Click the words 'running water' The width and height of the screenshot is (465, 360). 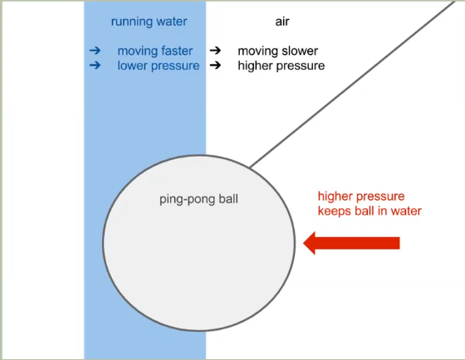click(x=149, y=22)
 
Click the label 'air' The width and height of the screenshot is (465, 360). click(x=282, y=22)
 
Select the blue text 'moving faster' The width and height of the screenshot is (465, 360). click(x=154, y=51)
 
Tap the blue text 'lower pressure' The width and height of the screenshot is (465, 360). click(x=159, y=66)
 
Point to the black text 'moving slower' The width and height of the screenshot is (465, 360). click(x=277, y=51)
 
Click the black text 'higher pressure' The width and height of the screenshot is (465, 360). click(x=281, y=66)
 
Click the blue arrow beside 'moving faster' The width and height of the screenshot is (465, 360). click(x=95, y=51)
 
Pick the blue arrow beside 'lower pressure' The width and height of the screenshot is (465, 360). click(x=95, y=65)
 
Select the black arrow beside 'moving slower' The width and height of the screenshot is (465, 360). click(x=215, y=51)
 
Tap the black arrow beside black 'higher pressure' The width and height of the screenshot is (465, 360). click(x=215, y=65)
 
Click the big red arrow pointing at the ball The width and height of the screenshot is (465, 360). click(x=351, y=243)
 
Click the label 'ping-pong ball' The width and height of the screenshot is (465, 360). click(x=198, y=199)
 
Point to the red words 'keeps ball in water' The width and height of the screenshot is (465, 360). click(x=370, y=211)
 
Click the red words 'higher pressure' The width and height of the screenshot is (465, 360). click(x=361, y=197)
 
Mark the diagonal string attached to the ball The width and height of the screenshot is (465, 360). click(x=352, y=84)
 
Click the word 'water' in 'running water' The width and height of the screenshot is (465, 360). click(x=172, y=22)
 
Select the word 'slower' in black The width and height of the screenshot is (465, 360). click(x=300, y=51)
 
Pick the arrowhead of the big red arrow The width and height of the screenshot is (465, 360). click(x=309, y=243)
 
